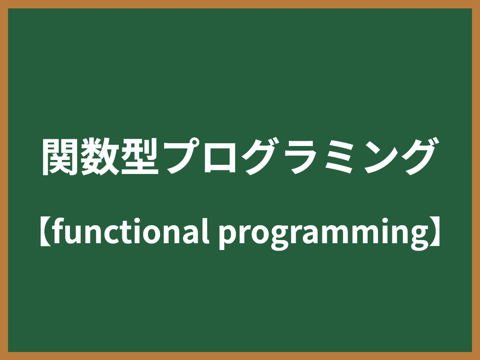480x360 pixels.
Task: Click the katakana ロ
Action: [x=218, y=158]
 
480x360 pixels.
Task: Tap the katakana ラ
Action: [x=298, y=158]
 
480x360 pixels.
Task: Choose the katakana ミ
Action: [x=338, y=157]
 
